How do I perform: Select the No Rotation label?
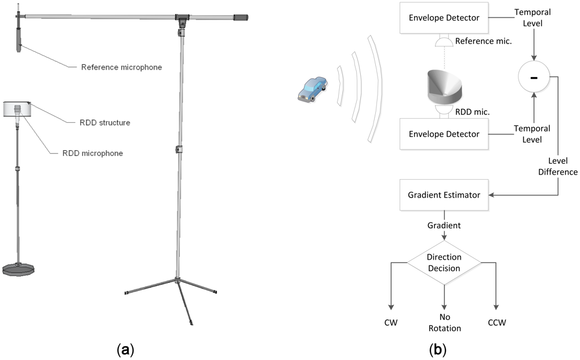444,323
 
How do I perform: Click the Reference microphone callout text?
121,67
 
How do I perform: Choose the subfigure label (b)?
437,350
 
